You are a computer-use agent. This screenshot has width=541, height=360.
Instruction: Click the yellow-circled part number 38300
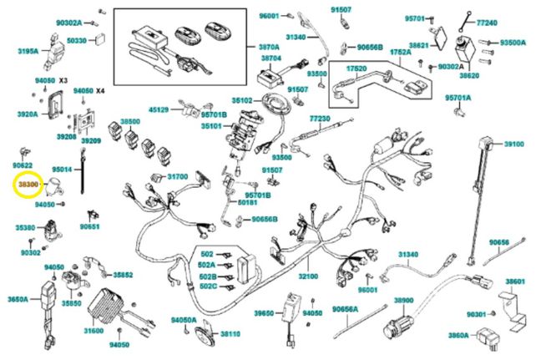point(28,183)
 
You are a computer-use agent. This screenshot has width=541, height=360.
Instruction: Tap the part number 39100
point(513,144)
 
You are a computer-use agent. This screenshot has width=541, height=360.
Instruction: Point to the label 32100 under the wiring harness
point(308,276)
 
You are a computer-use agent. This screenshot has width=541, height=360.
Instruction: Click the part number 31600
point(93,331)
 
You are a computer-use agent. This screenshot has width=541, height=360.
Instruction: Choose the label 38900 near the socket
point(404,300)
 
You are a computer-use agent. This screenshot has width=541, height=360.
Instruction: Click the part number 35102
point(242,100)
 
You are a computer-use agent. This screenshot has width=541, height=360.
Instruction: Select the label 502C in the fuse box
point(207,286)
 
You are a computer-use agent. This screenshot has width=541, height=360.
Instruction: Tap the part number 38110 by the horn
point(230,334)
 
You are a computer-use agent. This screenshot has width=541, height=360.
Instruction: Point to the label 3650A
point(18,298)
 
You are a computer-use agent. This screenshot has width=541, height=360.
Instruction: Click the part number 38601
point(515,282)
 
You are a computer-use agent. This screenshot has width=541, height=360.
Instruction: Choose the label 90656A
point(345,309)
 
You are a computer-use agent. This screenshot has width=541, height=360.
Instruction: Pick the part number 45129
point(159,109)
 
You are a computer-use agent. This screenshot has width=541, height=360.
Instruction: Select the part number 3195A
point(27,51)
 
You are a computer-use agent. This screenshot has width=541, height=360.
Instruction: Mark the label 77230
point(321,119)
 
